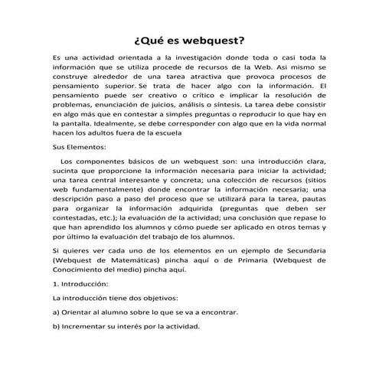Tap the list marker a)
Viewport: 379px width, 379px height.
[x=56, y=313]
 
